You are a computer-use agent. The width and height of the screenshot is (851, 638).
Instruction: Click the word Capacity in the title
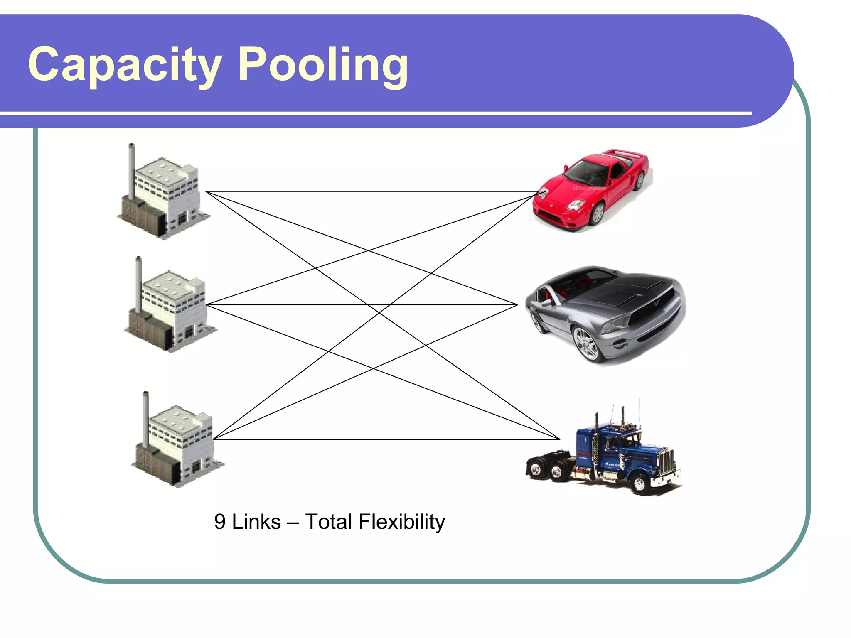[125, 64]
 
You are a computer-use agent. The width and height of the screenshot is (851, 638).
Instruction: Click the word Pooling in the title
[323, 64]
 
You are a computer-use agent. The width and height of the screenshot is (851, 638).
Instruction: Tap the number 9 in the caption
[220, 522]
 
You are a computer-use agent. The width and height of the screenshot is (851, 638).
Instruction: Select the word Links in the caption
[256, 522]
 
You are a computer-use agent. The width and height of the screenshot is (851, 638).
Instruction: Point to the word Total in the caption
[328, 522]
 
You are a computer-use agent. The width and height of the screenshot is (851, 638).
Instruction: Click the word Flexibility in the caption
[401, 522]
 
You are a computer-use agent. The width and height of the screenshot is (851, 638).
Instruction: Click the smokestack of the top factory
[131, 170]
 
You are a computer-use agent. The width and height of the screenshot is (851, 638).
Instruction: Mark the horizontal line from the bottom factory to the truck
[386, 439]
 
